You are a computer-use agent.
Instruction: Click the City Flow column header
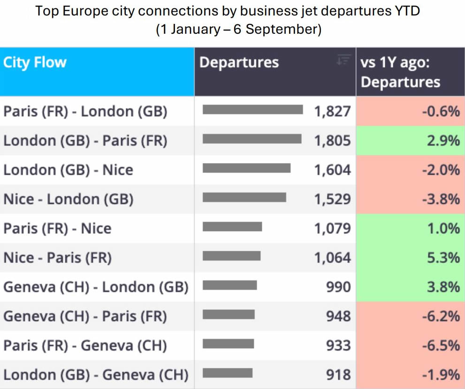tap(35, 62)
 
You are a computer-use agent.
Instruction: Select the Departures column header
tap(239, 62)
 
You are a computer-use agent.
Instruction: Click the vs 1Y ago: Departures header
tap(400, 72)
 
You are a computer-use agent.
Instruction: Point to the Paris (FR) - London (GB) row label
tap(85, 112)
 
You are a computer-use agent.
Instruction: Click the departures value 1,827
tap(332, 112)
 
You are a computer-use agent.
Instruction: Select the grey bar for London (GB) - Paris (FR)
tap(252, 139)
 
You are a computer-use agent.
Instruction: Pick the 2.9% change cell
tap(411, 141)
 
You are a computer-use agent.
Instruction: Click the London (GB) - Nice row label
tap(68, 170)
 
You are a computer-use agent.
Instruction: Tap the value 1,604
tap(332, 170)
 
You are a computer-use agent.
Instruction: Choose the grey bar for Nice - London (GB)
tap(244, 197)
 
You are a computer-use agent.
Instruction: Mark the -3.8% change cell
tap(411, 199)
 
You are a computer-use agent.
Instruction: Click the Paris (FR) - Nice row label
tap(58, 229)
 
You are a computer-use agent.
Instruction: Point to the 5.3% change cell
tap(411, 257)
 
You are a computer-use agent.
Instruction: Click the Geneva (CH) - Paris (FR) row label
tap(85, 316)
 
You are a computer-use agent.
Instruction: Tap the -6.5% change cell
tap(411, 345)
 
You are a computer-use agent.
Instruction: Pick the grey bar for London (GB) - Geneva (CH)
tap(228, 373)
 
